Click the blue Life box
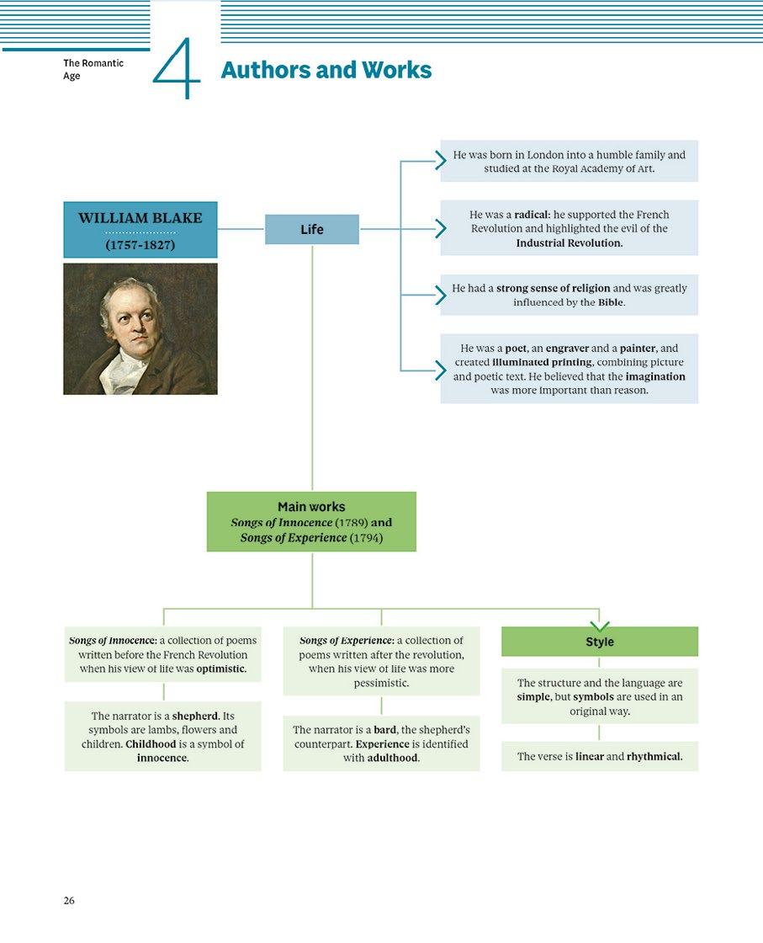click(x=312, y=230)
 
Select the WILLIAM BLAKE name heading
click(x=140, y=218)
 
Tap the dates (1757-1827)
click(x=140, y=245)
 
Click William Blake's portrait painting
click(x=140, y=329)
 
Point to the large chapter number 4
click(x=178, y=70)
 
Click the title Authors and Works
click(x=326, y=71)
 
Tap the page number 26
click(x=69, y=901)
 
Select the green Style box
click(x=600, y=642)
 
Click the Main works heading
click(x=311, y=507)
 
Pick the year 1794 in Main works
click(x=365, y=538)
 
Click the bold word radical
click(x=532, y=215)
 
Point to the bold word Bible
click(x=611, y=302)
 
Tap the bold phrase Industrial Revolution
click(x=570, y=243)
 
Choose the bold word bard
click(x=384, y=730)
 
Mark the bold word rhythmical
click(x=654, y=756)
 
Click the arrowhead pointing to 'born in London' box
click(x=440, y=161)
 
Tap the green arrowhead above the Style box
click(x=600, y=626)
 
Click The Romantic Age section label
click(x=93, y=70)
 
